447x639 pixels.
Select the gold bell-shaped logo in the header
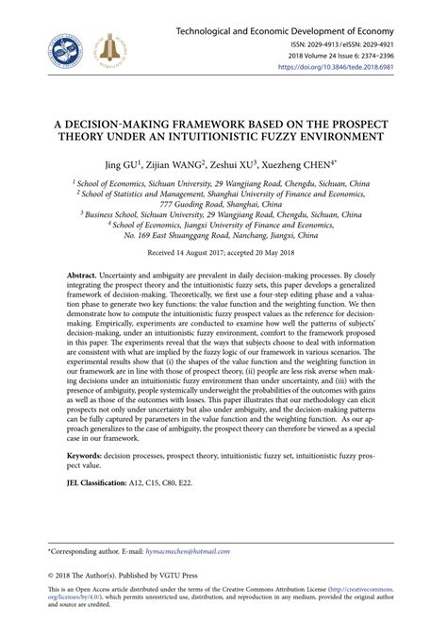pos(120,45)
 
